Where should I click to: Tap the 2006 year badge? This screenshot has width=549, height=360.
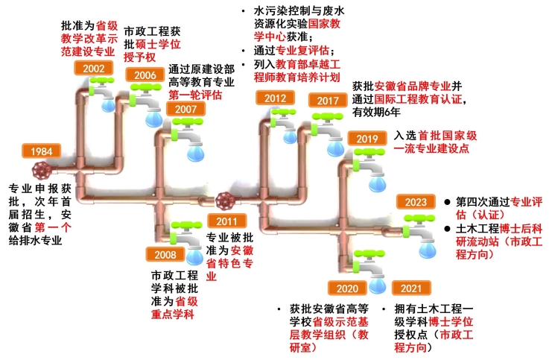pyautogui.click(x=145, y=75)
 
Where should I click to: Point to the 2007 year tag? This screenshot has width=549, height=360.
pyautogui.click(x=185, y=110)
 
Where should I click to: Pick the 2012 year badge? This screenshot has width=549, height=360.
pyautogui.click(x=275, y=98)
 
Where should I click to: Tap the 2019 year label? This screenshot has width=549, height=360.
pyautogui.click(x=368, y=139)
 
